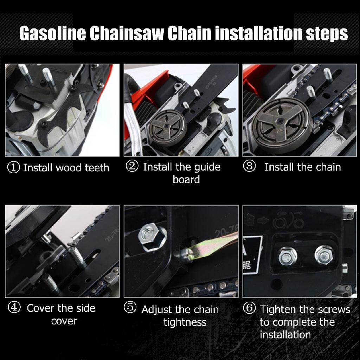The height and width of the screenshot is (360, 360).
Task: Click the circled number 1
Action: tap(14, 167)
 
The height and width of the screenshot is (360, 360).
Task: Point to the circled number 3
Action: tap(249, 167)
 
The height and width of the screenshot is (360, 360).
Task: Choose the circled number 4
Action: tap(14, 308)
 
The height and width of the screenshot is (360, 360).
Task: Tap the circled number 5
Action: tap(130, 308)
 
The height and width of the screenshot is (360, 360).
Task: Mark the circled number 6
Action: tap(249, 309)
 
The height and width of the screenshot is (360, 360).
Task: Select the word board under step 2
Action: tap(186, 180)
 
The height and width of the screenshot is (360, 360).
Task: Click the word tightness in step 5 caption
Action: tap(185, 322)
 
